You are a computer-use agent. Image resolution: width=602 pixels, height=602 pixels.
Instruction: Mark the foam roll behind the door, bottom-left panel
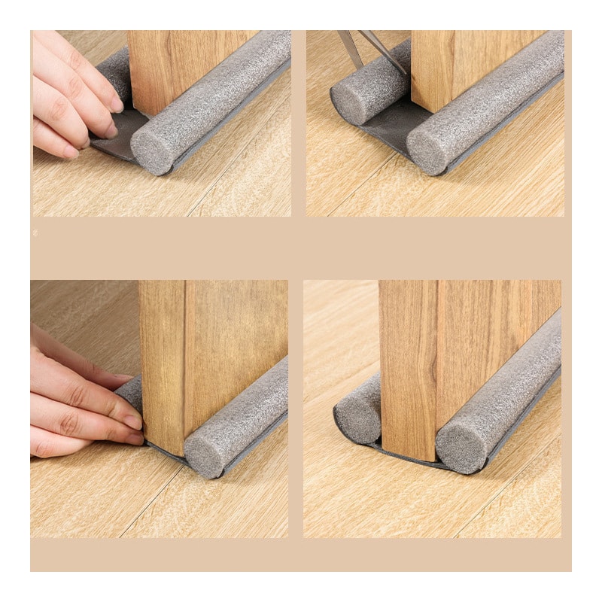pyautogui.click(x=132, y=391)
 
